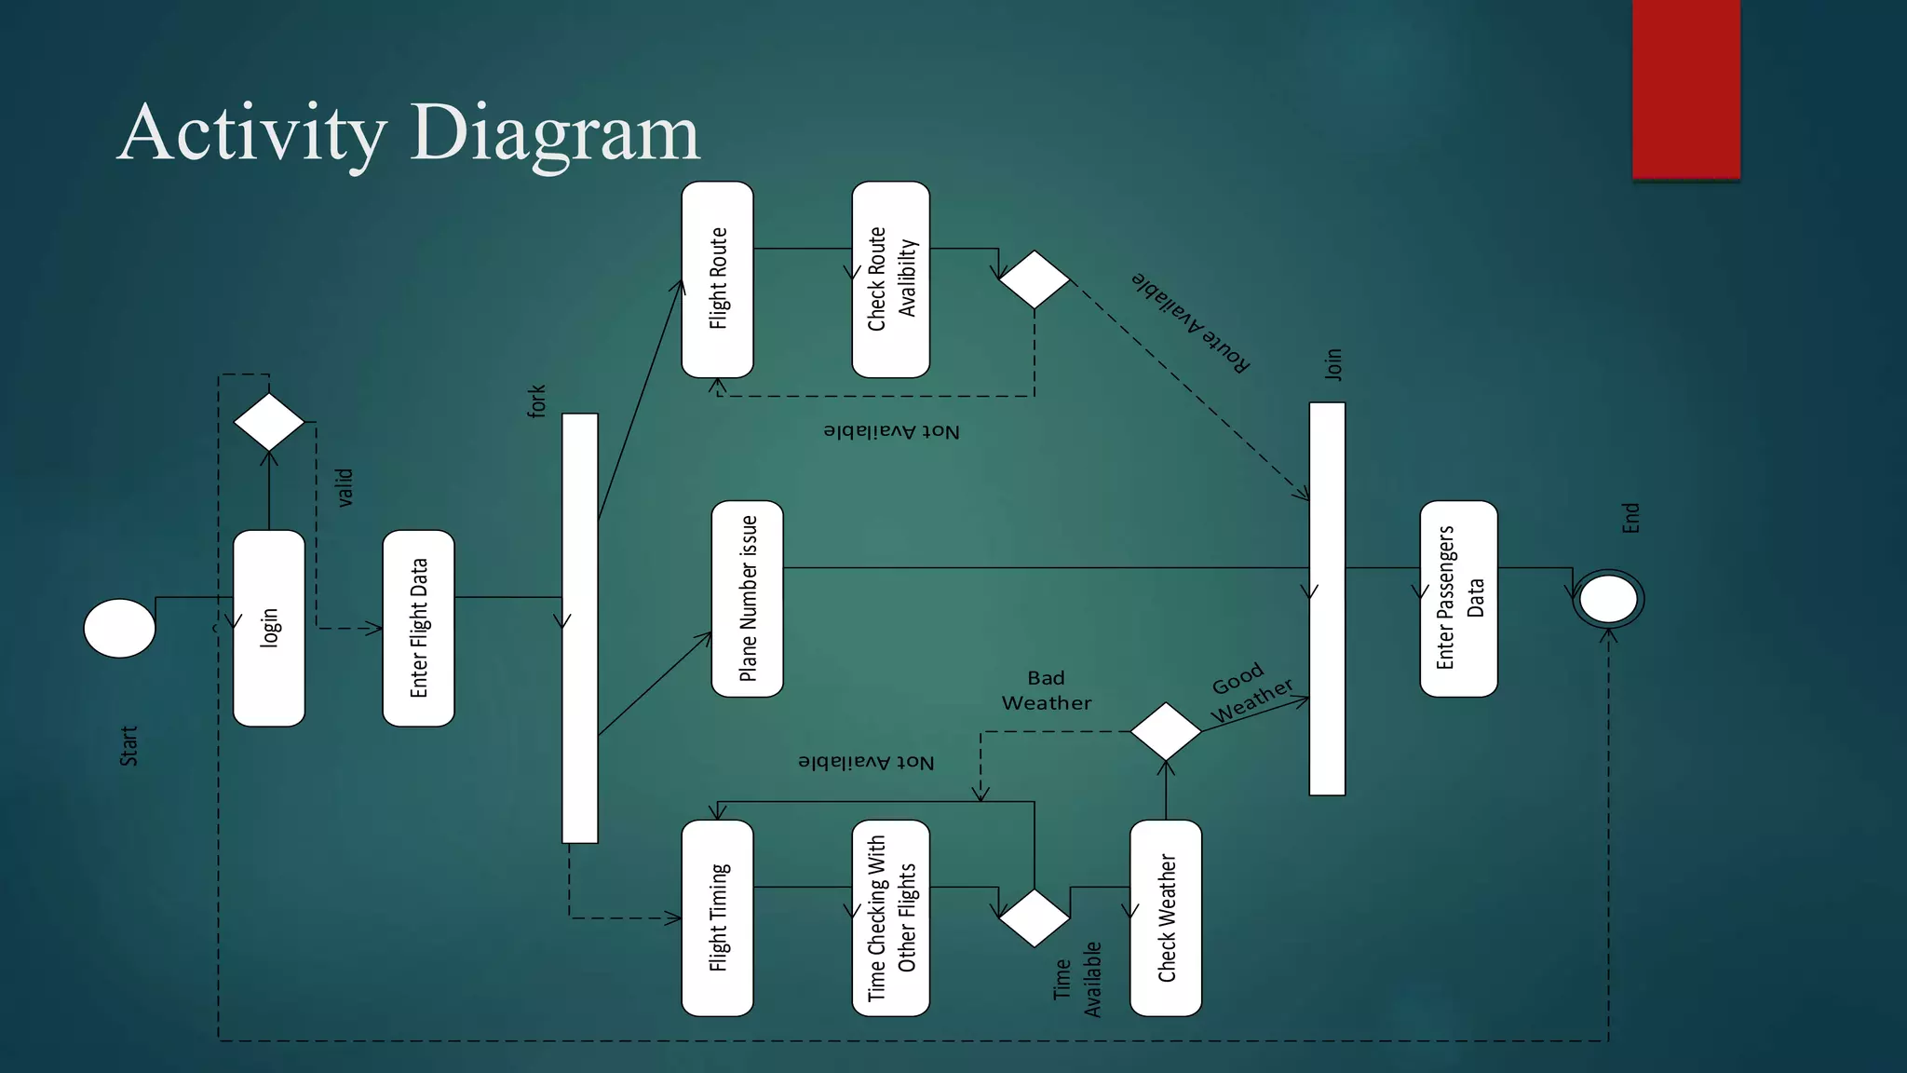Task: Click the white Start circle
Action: tap(119, 629)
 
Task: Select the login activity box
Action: tap(269, 628)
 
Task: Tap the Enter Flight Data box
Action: tap(418, 628)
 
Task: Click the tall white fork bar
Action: tap(579, 628)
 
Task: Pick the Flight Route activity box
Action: tap(717, 279)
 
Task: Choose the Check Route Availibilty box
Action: tap(890, 279)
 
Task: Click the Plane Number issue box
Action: tap(747, 599)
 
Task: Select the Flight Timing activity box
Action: tap(717, 917)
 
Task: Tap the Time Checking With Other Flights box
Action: tap(890, 917)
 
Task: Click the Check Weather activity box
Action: tap(1165, 917)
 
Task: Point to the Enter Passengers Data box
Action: tap(1458, 599)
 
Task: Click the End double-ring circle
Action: tap(1608, 599)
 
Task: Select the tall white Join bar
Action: tap(1327, 599)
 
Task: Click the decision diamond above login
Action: tap(269, 422)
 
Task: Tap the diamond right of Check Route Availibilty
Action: tap(1034, 279)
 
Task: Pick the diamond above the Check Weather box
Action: tap(1165, 731)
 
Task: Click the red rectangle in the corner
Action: tap(1685, 88)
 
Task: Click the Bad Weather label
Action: tap(1047, 690)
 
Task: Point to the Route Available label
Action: tap(1191, 321)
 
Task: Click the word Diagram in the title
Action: tap(554, 133)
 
